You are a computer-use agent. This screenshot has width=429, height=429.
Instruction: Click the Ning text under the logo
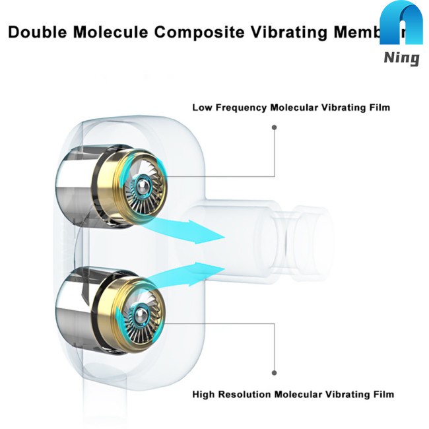(401, 58)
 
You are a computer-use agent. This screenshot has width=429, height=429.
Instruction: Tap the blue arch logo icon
(401, 26)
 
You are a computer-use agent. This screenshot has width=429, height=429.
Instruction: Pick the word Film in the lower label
(382, 395)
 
